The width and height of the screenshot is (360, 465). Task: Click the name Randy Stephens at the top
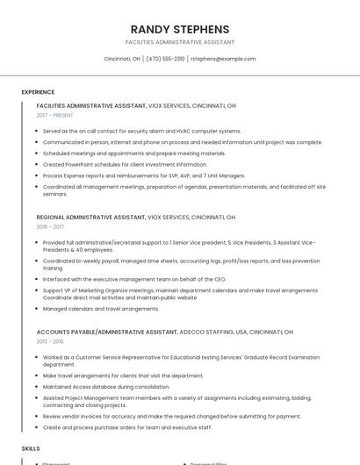(x=179, y=29)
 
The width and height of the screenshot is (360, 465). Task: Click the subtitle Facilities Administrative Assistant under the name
(x=179, y=42)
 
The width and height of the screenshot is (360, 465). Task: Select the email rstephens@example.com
(x=223, y=59)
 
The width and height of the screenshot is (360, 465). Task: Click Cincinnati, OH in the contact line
(x=122, y=59)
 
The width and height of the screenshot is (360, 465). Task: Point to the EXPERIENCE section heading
(x=38, y=92)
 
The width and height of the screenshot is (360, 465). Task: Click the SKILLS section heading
(x=31, y=448)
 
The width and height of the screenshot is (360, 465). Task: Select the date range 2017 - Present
(x=55, y=115)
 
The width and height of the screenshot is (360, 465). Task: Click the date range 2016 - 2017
(x=51, y=226)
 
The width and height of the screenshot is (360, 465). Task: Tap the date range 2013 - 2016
(x=51, y=341)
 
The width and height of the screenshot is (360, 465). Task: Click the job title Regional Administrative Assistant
(x=91, y=217)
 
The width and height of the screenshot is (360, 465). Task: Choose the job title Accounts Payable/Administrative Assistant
(x=104, y=332)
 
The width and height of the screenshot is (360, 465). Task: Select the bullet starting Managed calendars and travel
(x=101, y=309)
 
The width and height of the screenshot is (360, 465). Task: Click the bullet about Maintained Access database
(x=106, y=386)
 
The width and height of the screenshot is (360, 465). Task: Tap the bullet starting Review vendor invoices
(x=171, y=416)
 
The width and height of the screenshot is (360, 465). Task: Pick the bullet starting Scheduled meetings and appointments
(x=134, y=153)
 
